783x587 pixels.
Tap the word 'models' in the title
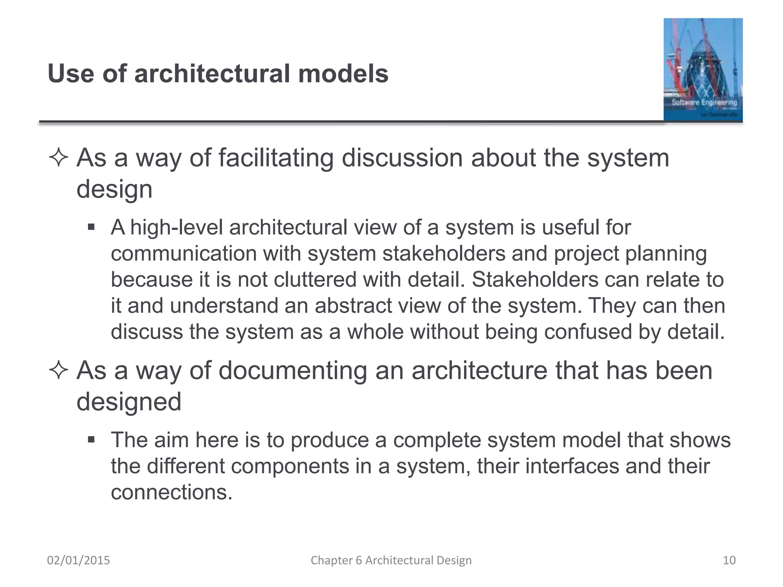[x=343, y=73]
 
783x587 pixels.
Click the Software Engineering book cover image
[x=703, y=70]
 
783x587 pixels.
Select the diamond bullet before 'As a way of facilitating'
[x=58, y=158]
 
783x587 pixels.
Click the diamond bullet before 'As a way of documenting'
[x=58, y=370]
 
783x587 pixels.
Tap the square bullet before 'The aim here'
[x=91, y=440]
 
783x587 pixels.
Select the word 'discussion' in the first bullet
[x=402, y=158]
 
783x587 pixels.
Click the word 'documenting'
[x=292, y=370]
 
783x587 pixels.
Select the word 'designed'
[x=129, y=402]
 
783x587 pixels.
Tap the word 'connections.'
[x=172, y=492]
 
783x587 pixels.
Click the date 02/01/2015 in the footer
[x=78, y=560]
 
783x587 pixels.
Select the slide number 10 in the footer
[x=729, y=560]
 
